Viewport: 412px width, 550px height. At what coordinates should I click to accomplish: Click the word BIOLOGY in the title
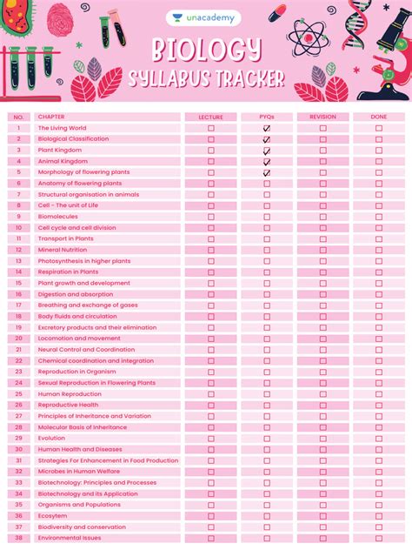pos(206,50)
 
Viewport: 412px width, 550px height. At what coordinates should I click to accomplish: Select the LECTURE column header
pos(210,117)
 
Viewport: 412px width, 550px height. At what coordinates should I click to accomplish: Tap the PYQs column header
pos(267,117)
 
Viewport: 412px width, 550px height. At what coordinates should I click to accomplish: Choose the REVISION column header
pos(322,117)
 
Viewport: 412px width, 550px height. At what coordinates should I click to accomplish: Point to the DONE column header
pos(379,117)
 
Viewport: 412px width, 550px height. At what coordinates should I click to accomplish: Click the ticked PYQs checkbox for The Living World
pos(267,128)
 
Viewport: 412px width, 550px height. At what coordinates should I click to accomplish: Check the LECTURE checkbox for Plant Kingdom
pos(210,150)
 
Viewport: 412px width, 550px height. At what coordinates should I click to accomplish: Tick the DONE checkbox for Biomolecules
pos(379,217)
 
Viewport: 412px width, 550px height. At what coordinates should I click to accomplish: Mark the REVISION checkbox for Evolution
pos(322,439)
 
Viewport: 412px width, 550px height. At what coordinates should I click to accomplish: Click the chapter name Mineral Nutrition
pos(62,250)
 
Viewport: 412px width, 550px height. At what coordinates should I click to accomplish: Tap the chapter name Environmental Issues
pos(70,538)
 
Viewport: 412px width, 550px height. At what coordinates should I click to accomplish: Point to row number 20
pos(18,339)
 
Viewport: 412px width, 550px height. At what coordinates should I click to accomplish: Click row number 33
pos(18,482)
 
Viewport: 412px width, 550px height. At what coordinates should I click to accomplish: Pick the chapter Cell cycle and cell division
pos(76,228)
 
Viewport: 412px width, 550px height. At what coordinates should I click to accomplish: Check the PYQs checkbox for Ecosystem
pos(267,516)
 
